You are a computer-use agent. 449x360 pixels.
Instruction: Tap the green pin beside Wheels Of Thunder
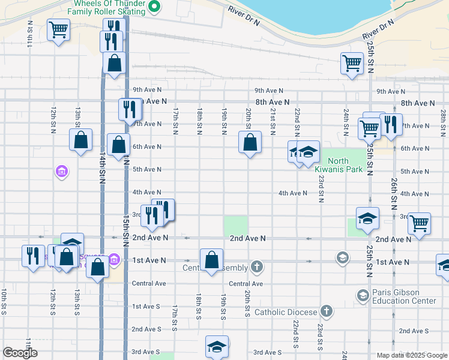154,7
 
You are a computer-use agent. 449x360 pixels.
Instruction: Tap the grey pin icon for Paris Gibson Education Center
363,295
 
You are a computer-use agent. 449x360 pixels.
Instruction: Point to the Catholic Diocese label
286,312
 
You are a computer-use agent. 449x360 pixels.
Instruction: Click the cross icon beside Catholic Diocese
326,311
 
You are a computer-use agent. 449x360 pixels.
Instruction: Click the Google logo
20,353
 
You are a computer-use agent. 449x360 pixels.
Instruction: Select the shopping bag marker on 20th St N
250,143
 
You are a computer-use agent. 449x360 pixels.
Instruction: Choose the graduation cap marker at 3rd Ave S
217,347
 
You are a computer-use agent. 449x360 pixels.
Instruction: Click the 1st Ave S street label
146,307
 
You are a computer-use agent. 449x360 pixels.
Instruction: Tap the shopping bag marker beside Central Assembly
211,260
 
